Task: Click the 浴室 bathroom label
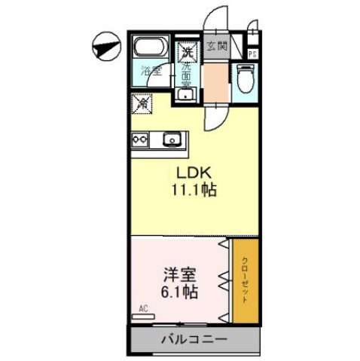point(152,73)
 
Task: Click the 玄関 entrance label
point(217,45)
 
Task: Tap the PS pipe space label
point(252,54)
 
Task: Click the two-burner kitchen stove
point(141,139)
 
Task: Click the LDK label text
point(192,173)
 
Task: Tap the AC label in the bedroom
point(144,308)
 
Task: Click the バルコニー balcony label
point(194,341)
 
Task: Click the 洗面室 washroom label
point(186,75)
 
